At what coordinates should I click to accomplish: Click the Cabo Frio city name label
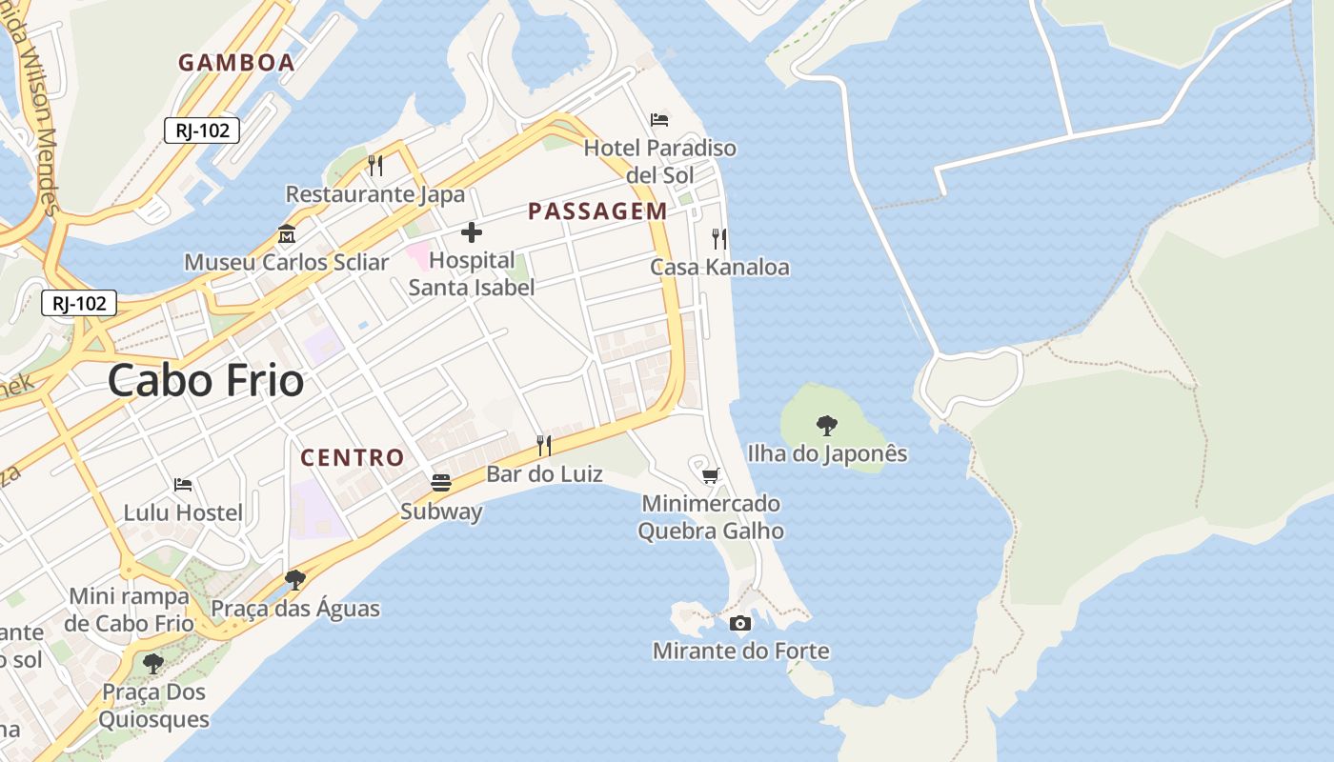[206, 381]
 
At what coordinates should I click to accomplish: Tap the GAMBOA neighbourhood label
[236, 63]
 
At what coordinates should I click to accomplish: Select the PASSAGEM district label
[597, 211]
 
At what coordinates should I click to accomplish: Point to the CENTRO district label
[353, 457]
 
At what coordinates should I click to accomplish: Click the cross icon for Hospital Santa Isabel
[471, 232]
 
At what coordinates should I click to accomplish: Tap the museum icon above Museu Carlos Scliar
[287, 233]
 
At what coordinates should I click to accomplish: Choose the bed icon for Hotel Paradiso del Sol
[659, 120]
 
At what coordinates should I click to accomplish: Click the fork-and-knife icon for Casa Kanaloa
[719, 238]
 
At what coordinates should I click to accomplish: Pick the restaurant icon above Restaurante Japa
[375, 166]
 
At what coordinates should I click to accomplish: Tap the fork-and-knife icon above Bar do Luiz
[544, 445]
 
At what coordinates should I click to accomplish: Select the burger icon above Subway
[440, 483]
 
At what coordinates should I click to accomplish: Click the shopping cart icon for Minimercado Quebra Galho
[710, 475]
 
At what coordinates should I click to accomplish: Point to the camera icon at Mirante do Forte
[740, 623]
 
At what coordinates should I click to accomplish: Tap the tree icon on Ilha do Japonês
[827, 425]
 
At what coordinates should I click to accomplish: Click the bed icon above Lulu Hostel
[183, 484]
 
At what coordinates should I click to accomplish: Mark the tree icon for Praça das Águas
[295, 579]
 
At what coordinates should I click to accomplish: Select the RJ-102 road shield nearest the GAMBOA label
[201, 131]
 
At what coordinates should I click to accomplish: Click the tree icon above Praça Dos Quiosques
[152, 663]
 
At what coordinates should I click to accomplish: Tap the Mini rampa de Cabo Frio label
[129, 610]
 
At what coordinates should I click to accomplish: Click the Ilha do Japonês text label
[827, 453]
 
